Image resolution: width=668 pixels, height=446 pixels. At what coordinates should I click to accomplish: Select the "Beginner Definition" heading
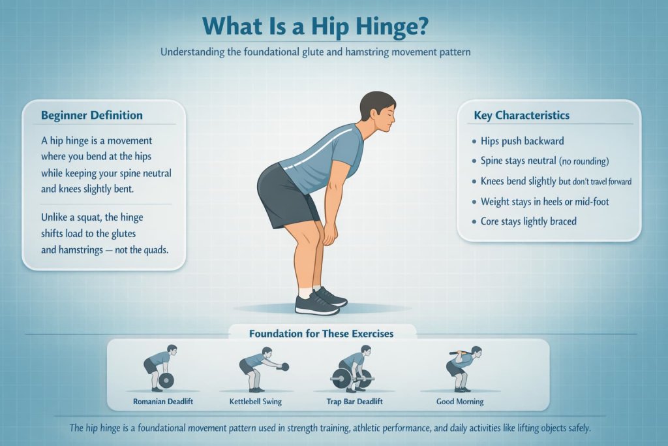click(91, 116)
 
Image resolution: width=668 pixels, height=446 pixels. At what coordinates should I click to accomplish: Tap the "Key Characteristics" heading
click(522, 116)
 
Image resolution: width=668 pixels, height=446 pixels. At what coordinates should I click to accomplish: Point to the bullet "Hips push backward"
click(522, 141)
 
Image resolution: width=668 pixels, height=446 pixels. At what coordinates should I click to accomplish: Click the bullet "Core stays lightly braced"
click(528, 221)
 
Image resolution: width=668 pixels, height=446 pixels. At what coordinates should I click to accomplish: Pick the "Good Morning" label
click(460, 402)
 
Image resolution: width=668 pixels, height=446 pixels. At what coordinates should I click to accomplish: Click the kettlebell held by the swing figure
click(284, 367)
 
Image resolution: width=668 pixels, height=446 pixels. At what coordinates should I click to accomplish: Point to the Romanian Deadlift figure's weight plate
click(166, 380)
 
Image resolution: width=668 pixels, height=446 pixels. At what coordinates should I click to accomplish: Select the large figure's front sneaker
click(316, 304)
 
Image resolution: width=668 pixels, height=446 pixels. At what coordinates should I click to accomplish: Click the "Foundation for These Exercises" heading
click(321, 334)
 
